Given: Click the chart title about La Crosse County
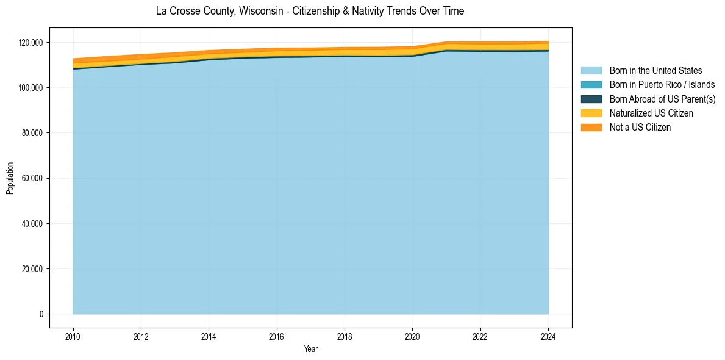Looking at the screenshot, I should click(310, 11).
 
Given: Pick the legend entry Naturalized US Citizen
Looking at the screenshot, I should click(651, 113).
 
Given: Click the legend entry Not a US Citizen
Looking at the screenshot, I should click(640, 128).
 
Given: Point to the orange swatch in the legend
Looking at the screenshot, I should click(591, 128).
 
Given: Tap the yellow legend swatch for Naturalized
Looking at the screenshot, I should click(591, 113).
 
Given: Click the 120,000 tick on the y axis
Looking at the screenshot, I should click(30, 43).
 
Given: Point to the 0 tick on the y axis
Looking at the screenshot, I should click(41, 314).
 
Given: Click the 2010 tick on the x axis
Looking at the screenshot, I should click(73, 336).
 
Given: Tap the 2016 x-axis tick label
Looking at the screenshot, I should click(277, 336).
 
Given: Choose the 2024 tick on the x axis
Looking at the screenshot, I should click(548, 336).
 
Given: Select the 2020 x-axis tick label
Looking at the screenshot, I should click(412, 336).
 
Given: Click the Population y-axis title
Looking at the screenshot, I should click(10, 178).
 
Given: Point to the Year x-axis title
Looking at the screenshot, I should click(310, 349).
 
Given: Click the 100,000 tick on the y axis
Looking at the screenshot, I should click(30, 88).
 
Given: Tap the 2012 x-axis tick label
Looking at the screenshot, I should click(141, 336).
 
